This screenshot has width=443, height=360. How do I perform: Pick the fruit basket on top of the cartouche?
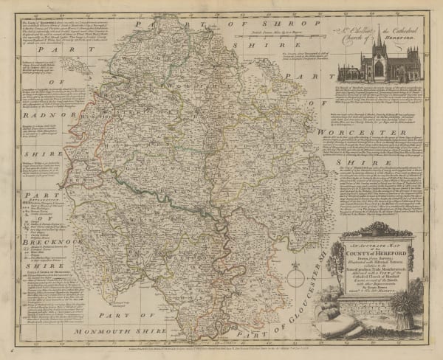click(365, 226)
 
